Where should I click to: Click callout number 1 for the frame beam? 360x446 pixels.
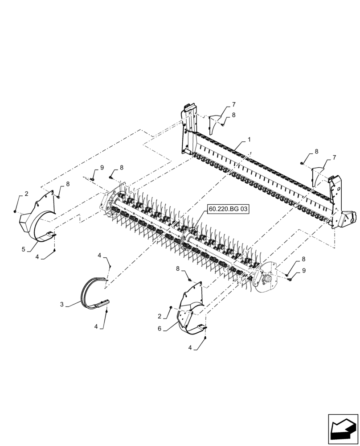point(249,140)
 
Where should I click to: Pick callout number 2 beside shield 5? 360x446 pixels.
point(26,194)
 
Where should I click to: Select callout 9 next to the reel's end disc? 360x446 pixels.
point(304,270)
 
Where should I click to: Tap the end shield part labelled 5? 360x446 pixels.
point(38,219)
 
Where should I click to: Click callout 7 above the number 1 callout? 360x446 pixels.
point(233,104)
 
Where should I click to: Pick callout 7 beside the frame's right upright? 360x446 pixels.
point(334,157)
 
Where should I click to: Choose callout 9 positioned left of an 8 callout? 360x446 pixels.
point(102,167)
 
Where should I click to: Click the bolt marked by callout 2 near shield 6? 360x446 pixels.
point(171,308)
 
